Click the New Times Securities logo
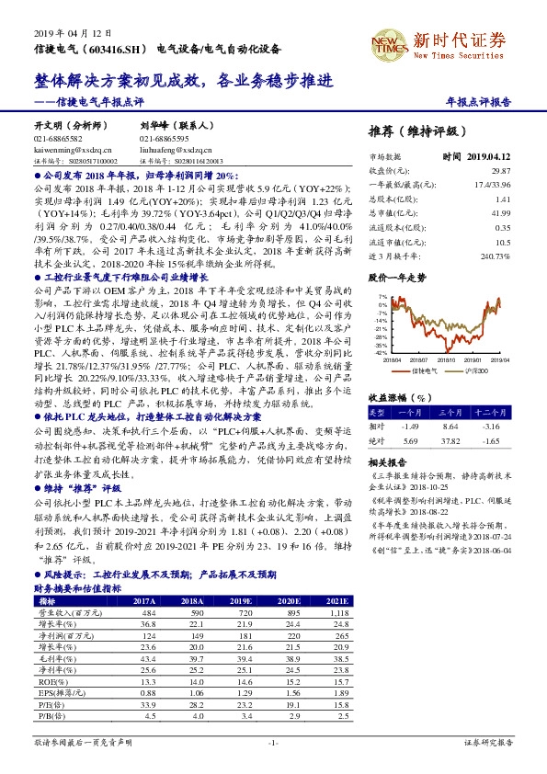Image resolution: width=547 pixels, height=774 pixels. tap(450, 40)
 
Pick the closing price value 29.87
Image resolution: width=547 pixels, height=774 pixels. tap(501, 171)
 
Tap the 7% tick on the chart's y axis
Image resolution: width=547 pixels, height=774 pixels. tap(381, 296)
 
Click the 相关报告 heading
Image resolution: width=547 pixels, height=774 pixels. tap(386, 461)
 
